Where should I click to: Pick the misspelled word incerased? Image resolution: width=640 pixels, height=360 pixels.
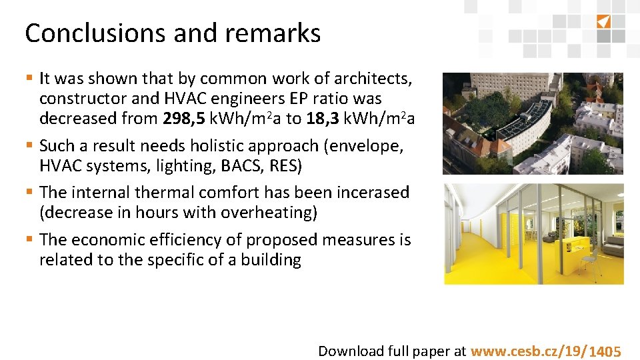tap(368, 193)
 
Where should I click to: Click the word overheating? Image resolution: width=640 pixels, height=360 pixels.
tap(265, 213)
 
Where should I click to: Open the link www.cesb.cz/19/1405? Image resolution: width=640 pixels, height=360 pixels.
tap(546, 351)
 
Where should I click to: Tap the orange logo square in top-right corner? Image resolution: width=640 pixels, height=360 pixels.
tap(603, 21)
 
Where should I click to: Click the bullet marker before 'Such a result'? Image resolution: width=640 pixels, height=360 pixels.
tap(30, 145)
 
